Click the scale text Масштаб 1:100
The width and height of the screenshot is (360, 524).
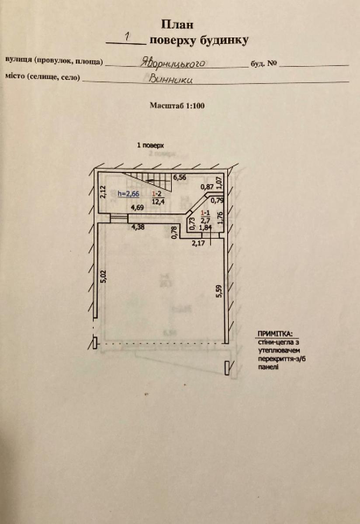click(177, 105)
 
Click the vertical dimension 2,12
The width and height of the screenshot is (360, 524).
click(103, 191)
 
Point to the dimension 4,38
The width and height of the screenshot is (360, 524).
click(138, 226)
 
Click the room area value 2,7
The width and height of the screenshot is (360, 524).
click(204, 220)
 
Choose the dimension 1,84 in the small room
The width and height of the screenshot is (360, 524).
click(204, 227)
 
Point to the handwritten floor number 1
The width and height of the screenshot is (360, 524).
click(127, 38)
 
